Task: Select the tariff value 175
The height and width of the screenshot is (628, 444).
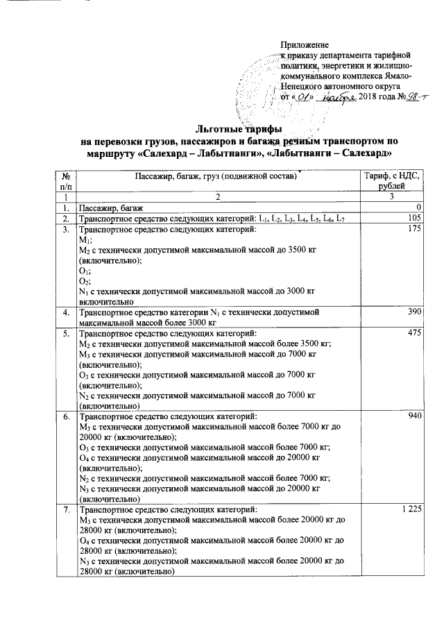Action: pos(416,230)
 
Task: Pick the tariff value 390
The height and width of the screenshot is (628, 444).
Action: pos(416,314)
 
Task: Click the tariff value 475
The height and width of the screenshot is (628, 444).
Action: pos(416,334)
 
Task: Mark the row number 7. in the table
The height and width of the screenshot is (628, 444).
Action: pos(65,510)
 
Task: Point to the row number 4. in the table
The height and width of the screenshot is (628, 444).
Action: pos(65,314)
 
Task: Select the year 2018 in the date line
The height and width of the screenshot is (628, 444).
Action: pos(369,97)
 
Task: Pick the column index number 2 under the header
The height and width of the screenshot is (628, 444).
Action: pos(216,198)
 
